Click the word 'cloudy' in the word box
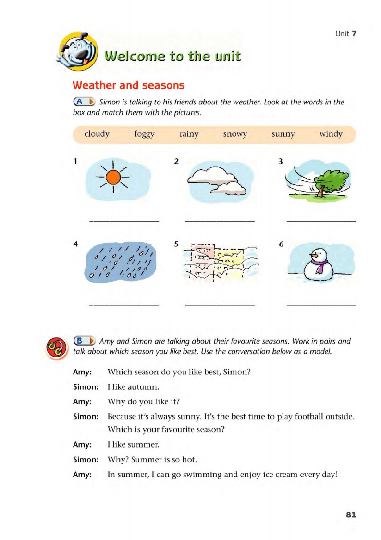click(x=97, y=134)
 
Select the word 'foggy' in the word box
click(x=144, y=134)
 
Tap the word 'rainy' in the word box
click(x=188, y=134)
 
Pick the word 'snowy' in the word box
click(x=234, y=134)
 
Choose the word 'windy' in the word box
click(x=331, y=134)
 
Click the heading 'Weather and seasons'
click(x=128, y=85)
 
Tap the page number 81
click(x=351, y=514)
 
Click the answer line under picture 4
click(x=124, y=304)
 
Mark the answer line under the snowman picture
click(x=321, y=304)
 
